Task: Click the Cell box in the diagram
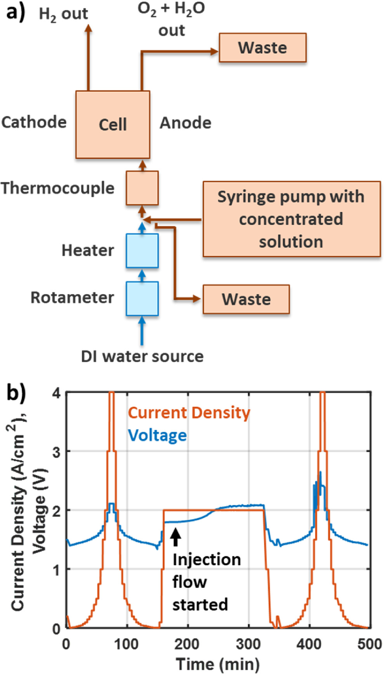tap(113, 124)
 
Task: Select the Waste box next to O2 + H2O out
tap(262, 47)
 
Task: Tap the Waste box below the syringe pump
tap(246, 299)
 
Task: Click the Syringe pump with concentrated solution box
tap(291, 219)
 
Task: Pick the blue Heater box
tap(142, 251)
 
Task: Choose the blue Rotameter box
tap(142, 299)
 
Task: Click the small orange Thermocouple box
tap(142, 188)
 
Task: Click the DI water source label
tap(142, 356)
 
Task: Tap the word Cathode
tap(34, 122)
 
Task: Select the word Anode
tap(186, 123)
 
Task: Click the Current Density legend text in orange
tap(189, 412)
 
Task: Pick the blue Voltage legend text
tap(157, 435)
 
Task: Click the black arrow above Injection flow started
tap(176, 537)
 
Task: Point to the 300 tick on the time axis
tap(248, 644)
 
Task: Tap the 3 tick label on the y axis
tap(56, 452)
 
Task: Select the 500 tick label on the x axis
tap(369, 644)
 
